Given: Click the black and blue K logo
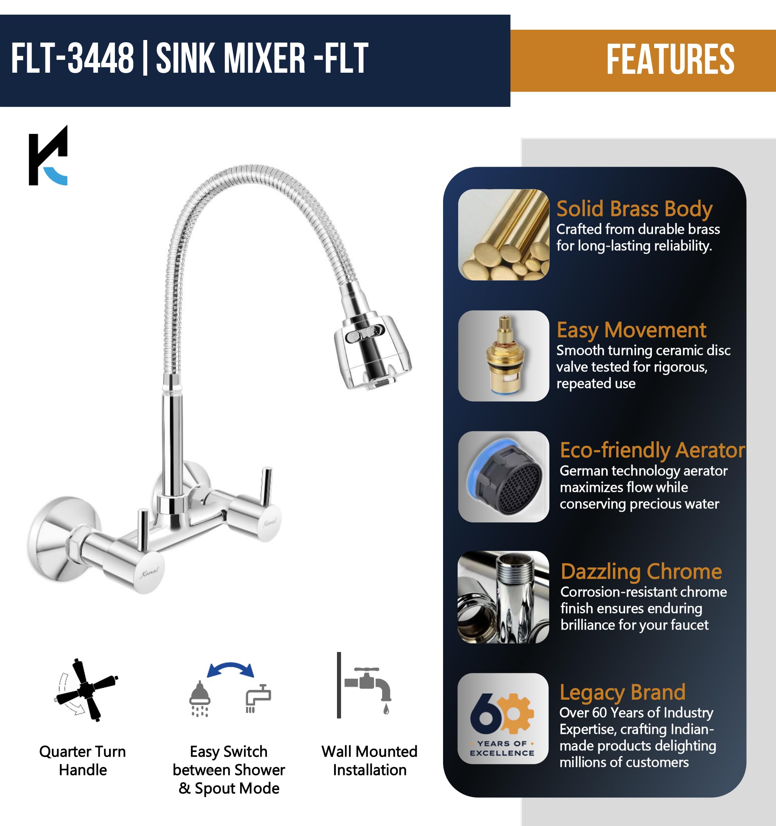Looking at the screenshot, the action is (48, 155).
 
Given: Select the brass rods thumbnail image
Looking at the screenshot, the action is (504, 234).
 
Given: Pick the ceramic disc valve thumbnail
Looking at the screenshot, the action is (504, 356).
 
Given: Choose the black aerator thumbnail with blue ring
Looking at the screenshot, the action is (504, 477).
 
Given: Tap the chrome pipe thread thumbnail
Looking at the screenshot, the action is (503, 597).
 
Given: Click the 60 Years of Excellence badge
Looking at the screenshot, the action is (503, 718).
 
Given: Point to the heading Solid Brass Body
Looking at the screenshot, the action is (634, 209).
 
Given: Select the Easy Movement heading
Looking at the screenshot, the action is (631, 330).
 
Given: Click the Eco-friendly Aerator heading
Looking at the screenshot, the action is (652, 450).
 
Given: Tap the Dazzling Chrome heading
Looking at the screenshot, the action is (641, 572).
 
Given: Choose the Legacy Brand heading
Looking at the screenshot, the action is (622, 693).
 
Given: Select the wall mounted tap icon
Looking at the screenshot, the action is (364, 685).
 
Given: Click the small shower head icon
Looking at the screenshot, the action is (200, 699).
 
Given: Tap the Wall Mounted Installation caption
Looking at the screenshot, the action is (369, 761).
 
